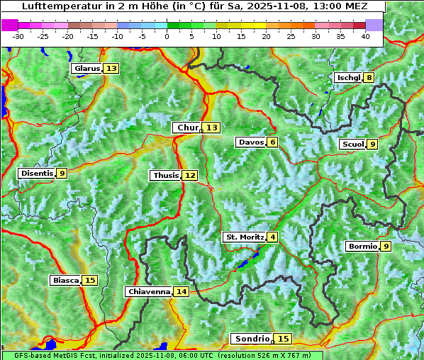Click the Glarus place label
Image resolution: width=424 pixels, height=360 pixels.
tap(87, 69)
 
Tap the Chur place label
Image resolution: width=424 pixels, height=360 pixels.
tap(186, 128)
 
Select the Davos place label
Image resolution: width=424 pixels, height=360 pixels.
tap(251, 142)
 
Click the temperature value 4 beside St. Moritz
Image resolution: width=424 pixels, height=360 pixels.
tap(273, 237)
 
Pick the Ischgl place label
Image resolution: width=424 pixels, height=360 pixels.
tap(347, 77)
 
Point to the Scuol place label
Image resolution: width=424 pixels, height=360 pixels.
tap(352, 145)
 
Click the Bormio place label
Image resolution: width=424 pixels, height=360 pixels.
tap(362, 247)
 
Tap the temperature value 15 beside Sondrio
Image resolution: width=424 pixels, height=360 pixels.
tap(283, 339)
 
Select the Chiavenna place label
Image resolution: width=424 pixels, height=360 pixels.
tap(148, 291)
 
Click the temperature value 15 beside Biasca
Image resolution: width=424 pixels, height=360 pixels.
tap(89, 281)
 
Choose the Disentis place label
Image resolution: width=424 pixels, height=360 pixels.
tap(36, 173)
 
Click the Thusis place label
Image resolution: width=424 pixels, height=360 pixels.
tap(165, 175)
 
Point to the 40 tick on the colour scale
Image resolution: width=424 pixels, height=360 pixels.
tap(365, 36)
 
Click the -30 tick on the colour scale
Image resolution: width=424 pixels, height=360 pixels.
tap(18, 36)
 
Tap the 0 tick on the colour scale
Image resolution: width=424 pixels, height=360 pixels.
tap(167, 36)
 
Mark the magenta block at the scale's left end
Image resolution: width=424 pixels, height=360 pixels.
tap(10, 25)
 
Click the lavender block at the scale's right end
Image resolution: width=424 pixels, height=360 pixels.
tap(374, 25)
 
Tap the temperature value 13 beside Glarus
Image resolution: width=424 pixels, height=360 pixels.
tap(111, 69)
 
